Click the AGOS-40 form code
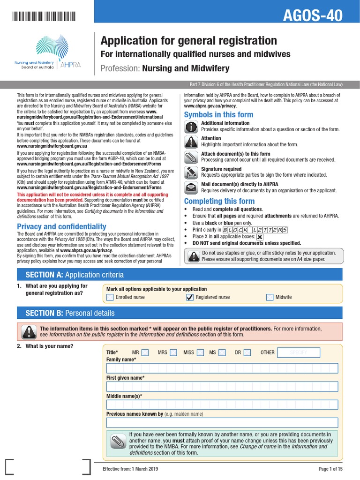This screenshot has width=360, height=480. click(x=313, y=15)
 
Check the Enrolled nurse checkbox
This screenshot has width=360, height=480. click(x=110, y=297)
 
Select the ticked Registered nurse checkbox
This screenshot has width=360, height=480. click(x=190, y=297)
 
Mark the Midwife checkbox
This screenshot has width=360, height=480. click(x=270, y=297)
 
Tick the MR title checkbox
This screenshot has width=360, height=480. click(x=145, y=352)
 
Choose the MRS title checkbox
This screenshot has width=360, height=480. click(x=173, y=352)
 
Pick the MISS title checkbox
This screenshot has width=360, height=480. click(x=201, y=352)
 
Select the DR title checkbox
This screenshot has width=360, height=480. click(x=247, y=352)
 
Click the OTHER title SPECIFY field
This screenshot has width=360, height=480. click(x=298, y=352)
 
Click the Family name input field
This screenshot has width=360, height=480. click(x=222, y=368)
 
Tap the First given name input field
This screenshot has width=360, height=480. click(x=222, y=386)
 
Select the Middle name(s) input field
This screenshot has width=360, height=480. click(x=222, y=405)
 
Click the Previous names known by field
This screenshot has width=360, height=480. click(x=222, y=422)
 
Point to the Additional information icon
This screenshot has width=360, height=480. click(x=191, y=127)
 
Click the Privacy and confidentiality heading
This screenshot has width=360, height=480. click(x=61, y=227)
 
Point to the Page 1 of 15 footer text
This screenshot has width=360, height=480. click(x=330, y=469)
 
